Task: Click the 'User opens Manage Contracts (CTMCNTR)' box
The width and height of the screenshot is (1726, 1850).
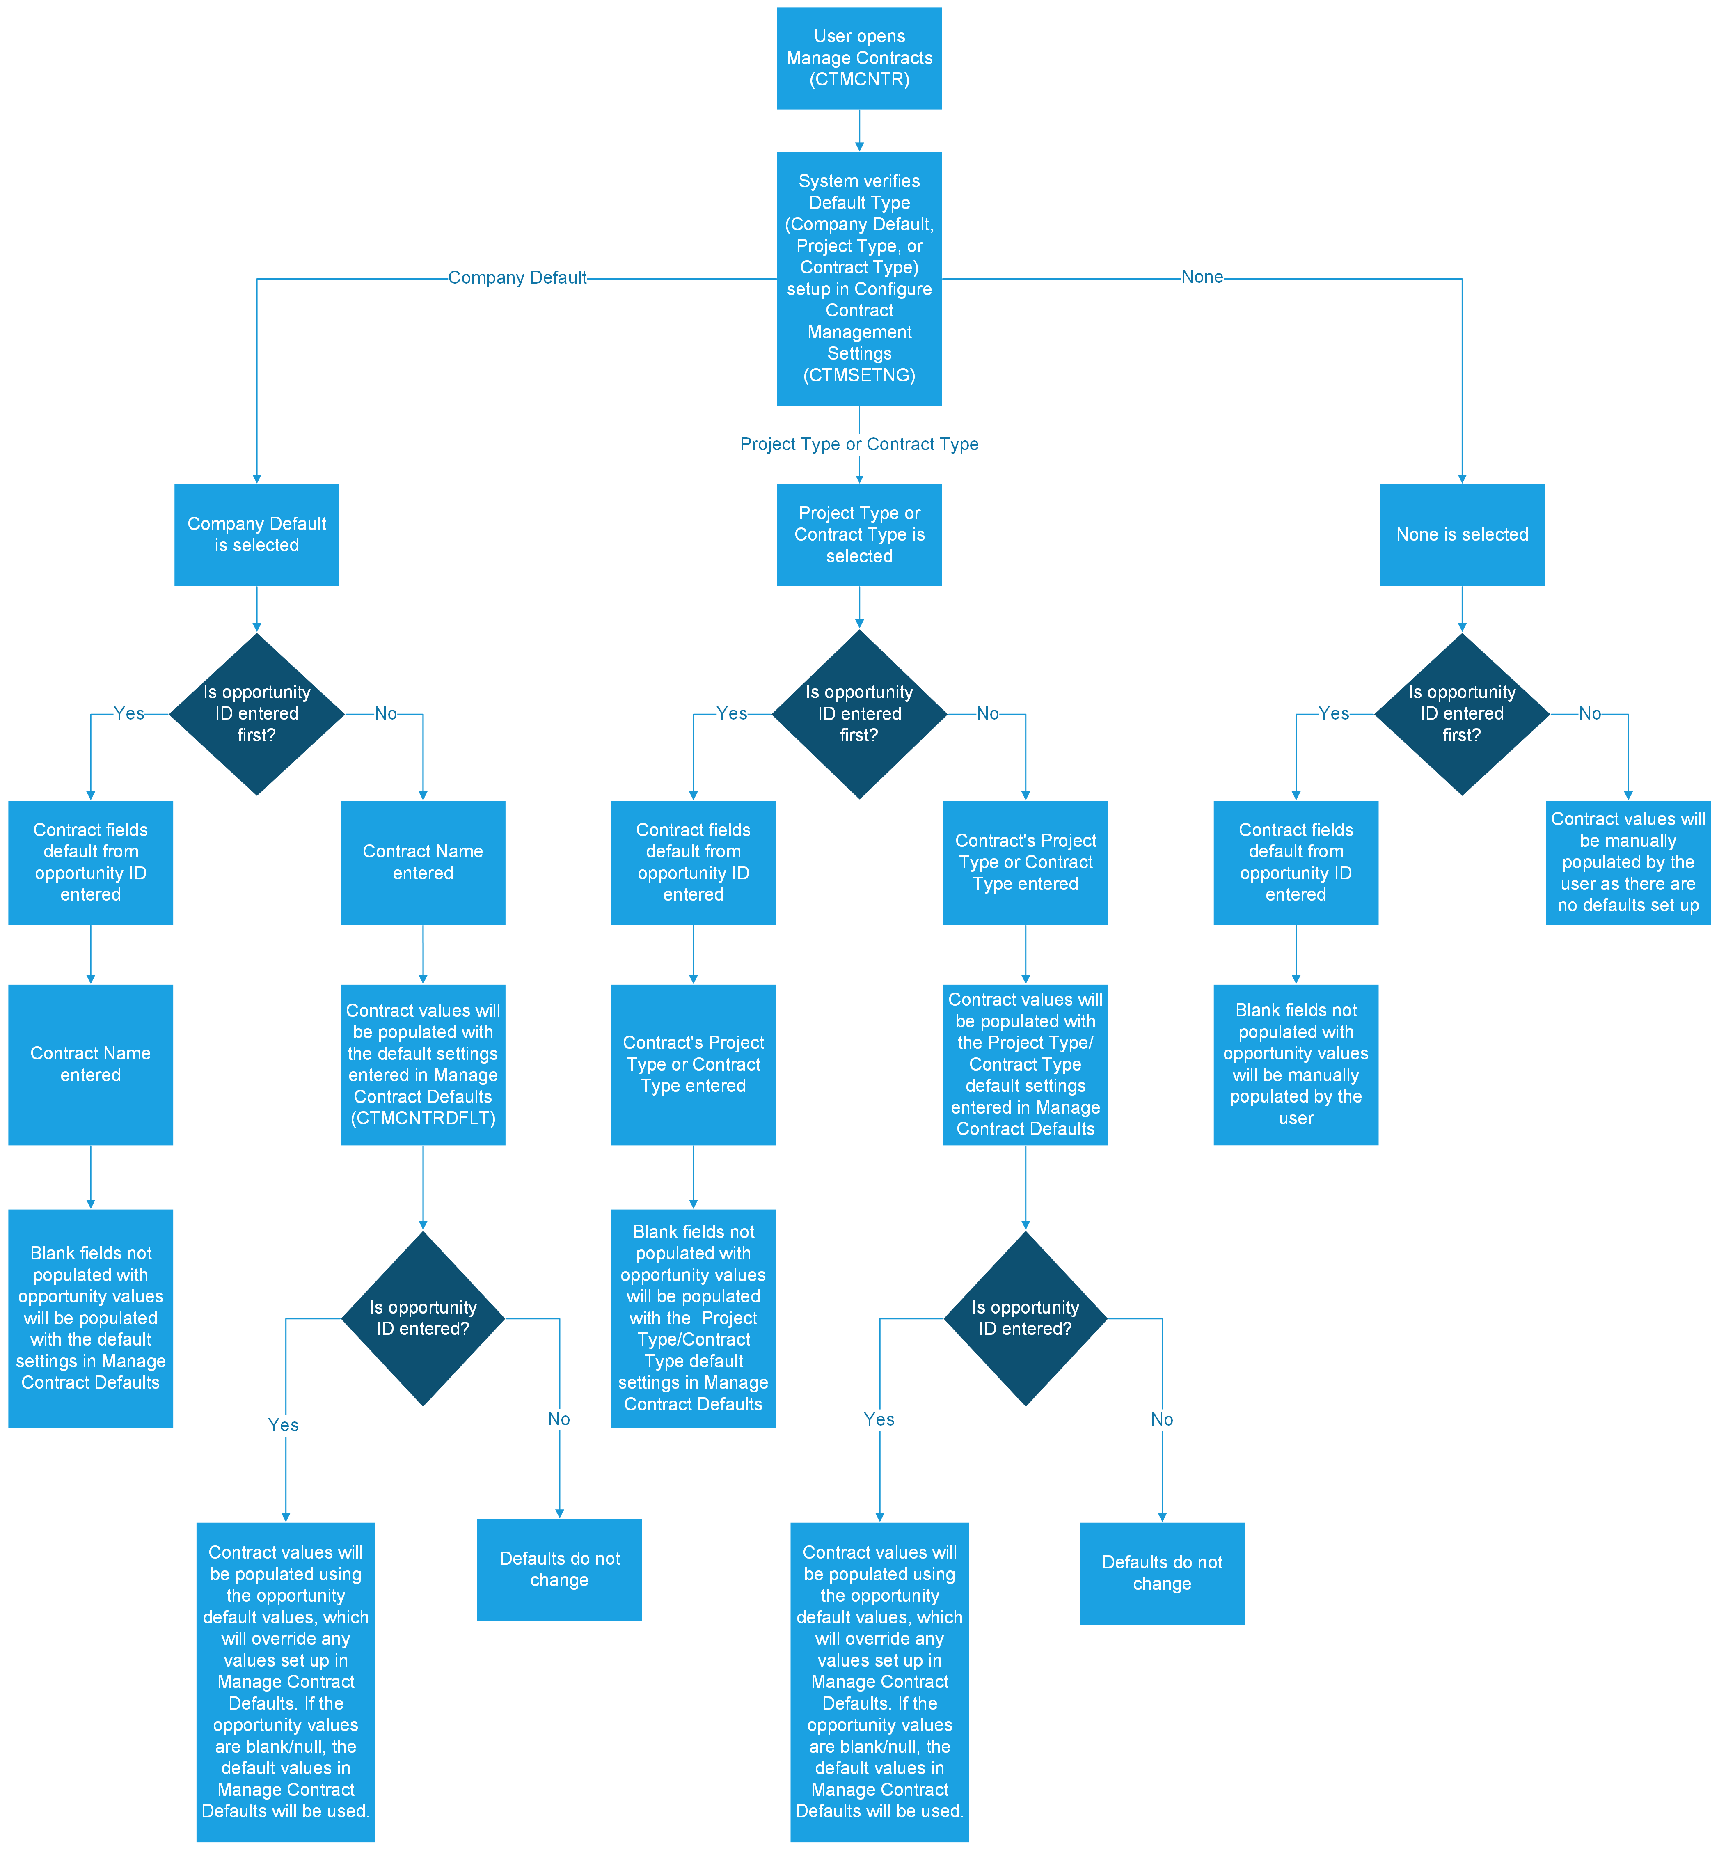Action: click(859, 58)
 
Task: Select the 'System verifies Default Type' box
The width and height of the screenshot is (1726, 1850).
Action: click(859, 278)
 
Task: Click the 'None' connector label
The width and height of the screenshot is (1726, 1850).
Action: click(1201, 276)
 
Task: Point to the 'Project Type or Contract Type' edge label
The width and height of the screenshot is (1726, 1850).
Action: click(859, 444)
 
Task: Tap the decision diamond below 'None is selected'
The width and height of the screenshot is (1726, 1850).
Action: click(1461, 714)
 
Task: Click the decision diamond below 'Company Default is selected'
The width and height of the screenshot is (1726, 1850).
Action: click(257, 714)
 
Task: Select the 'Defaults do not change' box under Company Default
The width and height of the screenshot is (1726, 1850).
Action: click(559, 1569)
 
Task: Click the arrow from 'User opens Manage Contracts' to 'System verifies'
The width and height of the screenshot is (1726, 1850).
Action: click(859, 130)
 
